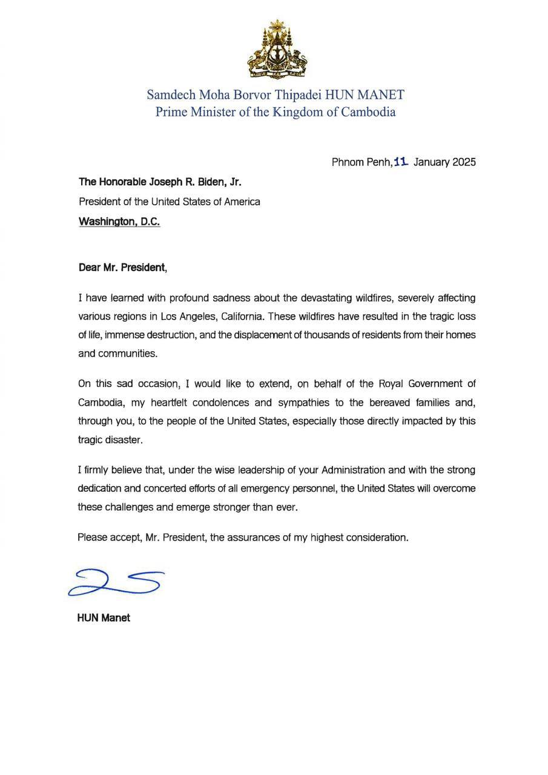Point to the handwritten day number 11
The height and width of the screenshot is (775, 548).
pos(401,162)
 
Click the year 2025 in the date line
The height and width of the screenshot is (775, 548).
pos(463,162)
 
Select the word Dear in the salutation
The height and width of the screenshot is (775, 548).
pos(90,267)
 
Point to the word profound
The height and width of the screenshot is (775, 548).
pos(192,298)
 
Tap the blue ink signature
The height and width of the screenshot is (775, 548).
pos(115,582)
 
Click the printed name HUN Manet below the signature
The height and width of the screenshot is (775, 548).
pos(104,618)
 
